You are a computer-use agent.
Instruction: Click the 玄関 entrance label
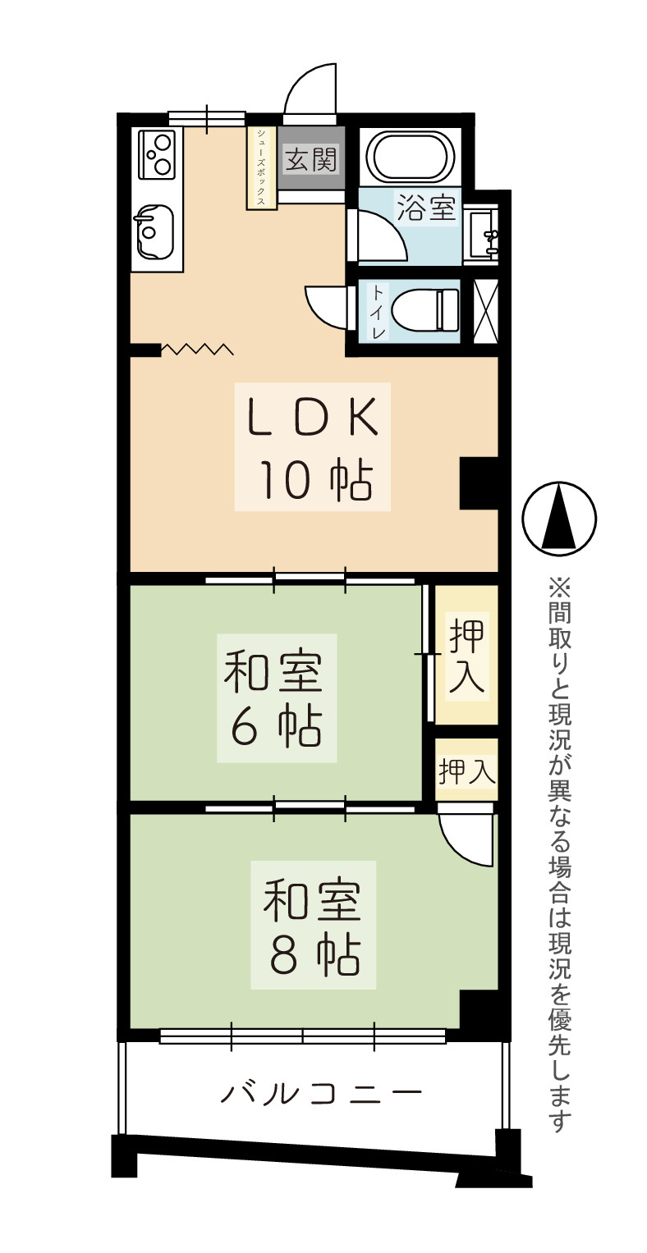click(x=310, y=159)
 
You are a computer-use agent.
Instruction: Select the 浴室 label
click(x=426, y=207)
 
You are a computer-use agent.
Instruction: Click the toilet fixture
click(x=425, y=310)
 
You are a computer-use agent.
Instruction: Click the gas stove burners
click(x=157, y=153)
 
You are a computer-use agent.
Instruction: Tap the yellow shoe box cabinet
click(x=262, y=168)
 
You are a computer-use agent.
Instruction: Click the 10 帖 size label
click(x=314, y=482)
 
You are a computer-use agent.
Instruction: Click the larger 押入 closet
click(x=466, y=655)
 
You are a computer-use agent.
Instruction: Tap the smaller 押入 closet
click(x=466, y=771)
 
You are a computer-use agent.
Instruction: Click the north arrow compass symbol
click(x=559, y=518)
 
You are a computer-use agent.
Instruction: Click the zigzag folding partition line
click(x=196, y=350)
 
